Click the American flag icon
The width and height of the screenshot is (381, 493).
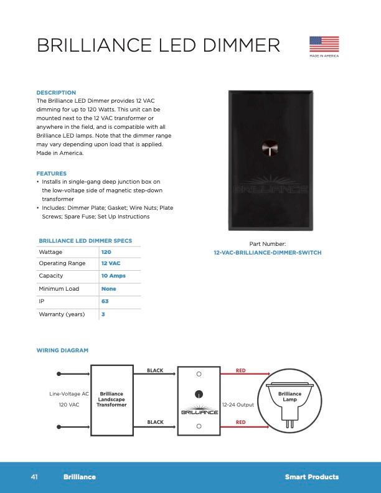click(x=324, y=44)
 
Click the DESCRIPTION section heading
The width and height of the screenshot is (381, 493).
click(x=56, y=93)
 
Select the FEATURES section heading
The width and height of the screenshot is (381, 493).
click(x=51, y=173)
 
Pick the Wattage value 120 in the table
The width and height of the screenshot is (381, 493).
click(x=106, y=252)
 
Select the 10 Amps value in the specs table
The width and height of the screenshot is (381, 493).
click(x=113, y=276)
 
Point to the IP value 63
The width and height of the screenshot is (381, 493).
click(x=105, y=301)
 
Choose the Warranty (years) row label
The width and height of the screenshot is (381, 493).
click(x=62, y=314)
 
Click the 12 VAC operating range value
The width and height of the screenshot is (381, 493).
click(x=110, y=263)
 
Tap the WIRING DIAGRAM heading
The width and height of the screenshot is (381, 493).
click(x=62, y=350)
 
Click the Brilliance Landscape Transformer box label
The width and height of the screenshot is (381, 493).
click(x=111, y=399)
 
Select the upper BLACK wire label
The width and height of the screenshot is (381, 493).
click(x=155, y=370)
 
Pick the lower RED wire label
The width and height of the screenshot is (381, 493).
click(x=240, y=422)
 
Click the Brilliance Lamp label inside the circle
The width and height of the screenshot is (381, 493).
click(x=289, y=397)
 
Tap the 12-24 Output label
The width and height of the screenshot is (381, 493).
click(x=238, y=405)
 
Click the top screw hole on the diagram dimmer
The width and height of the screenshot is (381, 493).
click(x=199, y=374)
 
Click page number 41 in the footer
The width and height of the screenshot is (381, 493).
click(x=35, y=477)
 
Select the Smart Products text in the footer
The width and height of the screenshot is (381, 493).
click(x=311, y=477)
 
